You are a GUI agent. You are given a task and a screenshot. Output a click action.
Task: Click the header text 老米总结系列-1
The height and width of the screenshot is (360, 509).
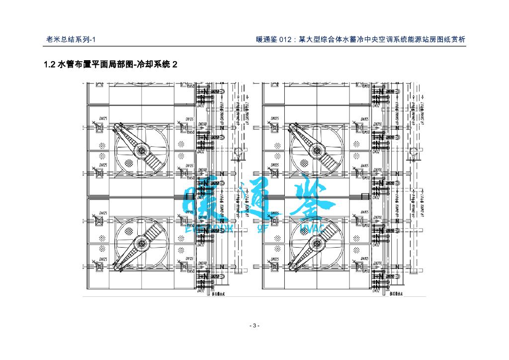point(73,40)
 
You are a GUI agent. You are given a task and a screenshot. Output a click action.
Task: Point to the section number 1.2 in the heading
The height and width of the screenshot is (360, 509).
point(50,65)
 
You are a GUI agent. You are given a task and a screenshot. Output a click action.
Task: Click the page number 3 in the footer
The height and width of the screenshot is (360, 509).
point(254,326)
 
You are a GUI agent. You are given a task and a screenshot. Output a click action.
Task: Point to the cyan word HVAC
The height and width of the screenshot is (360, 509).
point(313,228)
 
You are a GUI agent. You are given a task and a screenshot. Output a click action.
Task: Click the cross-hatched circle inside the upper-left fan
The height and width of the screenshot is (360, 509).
point(128,163)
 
